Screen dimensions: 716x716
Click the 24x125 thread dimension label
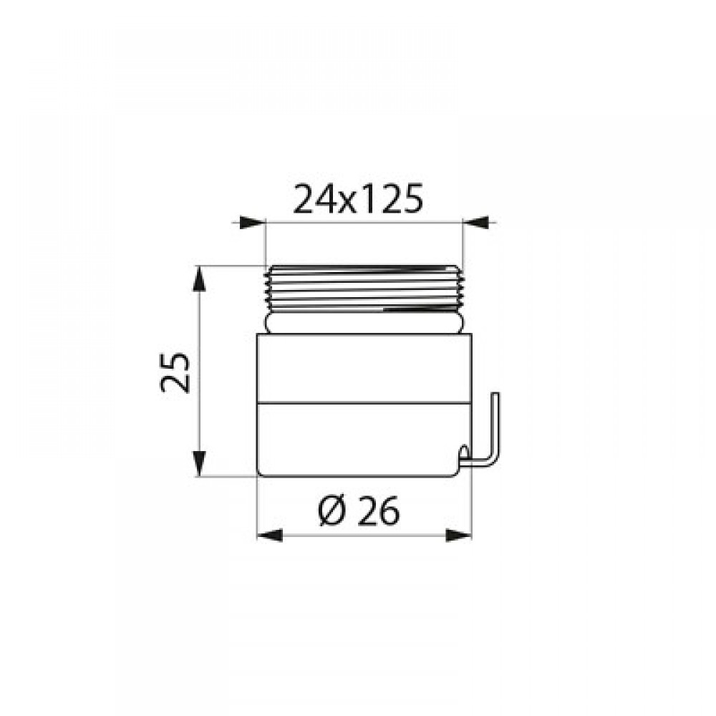pyautogui.click(x=358, y=199)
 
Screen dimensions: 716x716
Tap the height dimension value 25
pyautogui.click(x=175, y=372)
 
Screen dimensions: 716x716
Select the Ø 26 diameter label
pyautogui.click(x=359, y=510)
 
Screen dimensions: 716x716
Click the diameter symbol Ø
pyautogui.click(x=334, y=510)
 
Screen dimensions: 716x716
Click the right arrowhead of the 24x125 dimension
pyautogui.click(x=476, y=223)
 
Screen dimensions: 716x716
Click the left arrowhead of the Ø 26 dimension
pyautogui.click(x=271, y=536)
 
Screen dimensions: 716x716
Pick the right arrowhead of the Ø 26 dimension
pyautogui.click(x=458, y=536)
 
